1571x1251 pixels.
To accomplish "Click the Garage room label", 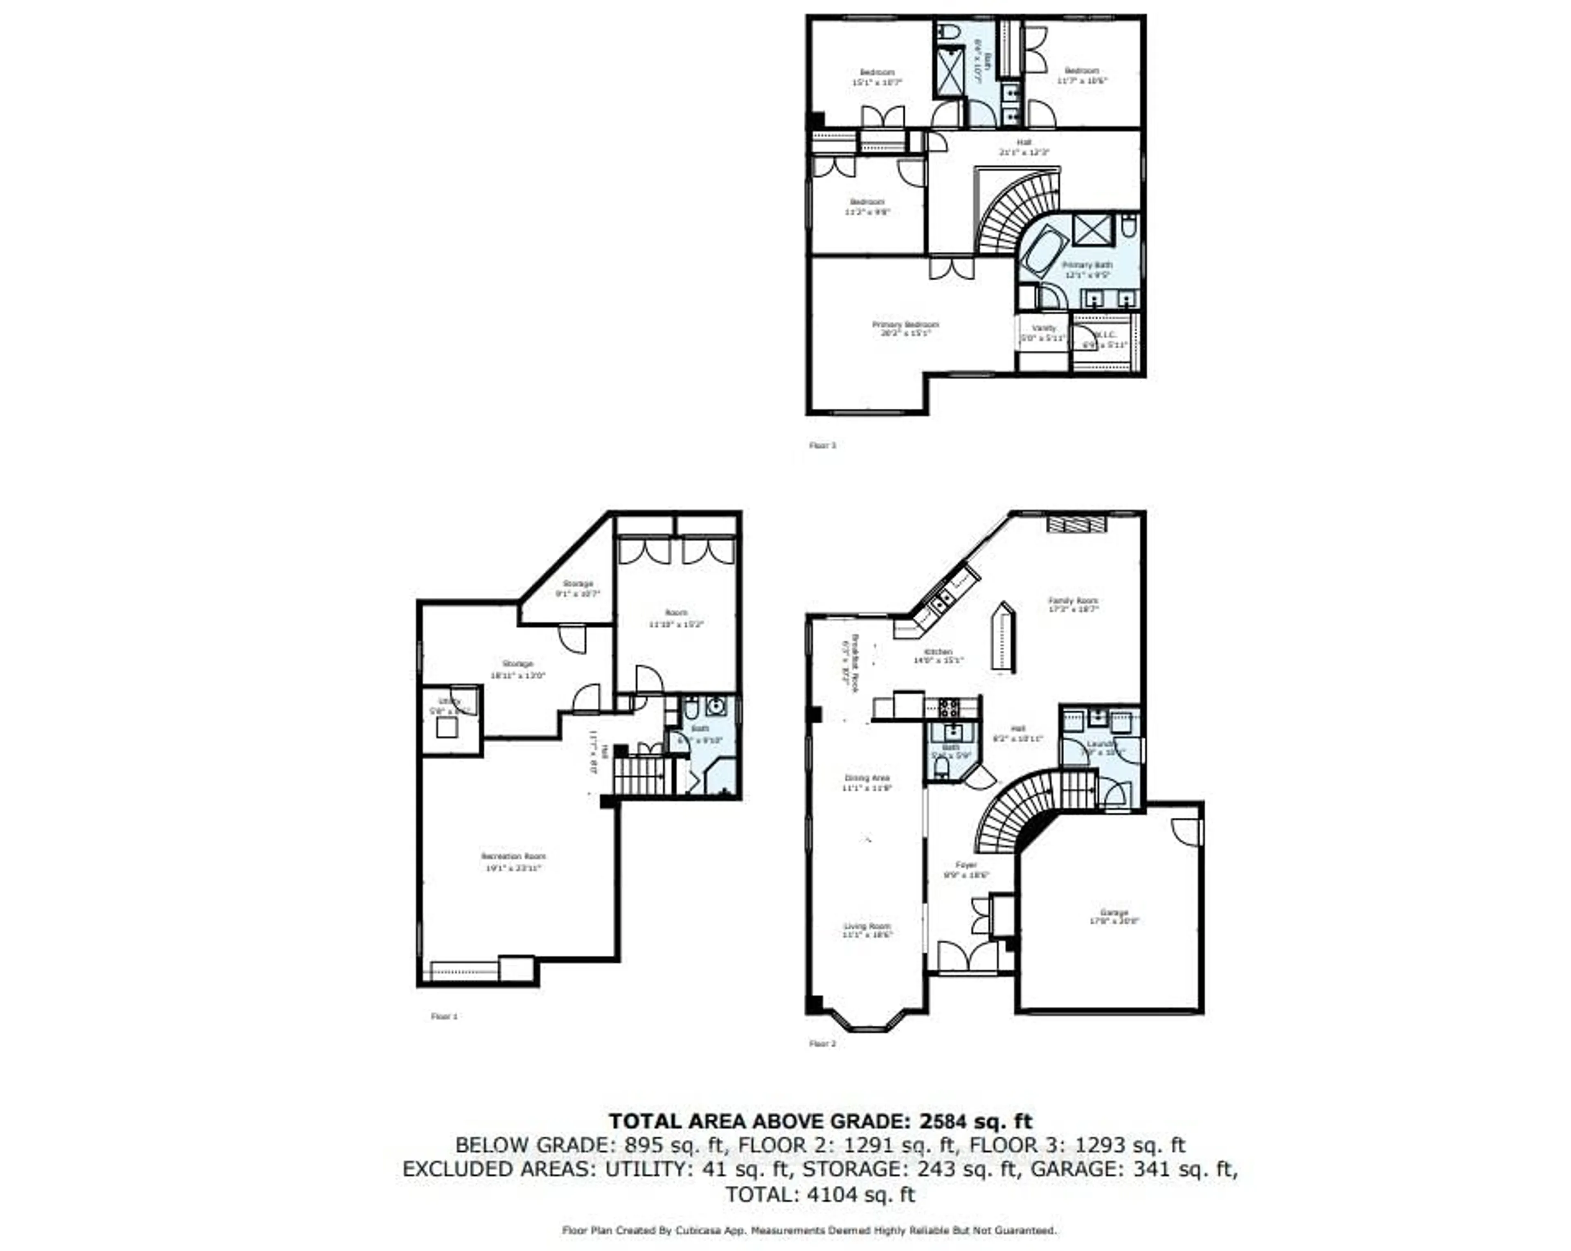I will coord(1113,912).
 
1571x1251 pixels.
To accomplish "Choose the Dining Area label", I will coord(867,778).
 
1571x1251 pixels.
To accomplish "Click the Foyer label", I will coord(966,865).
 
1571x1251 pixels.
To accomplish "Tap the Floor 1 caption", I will coord(444,1016).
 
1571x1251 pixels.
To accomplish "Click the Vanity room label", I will coord(1044,328).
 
